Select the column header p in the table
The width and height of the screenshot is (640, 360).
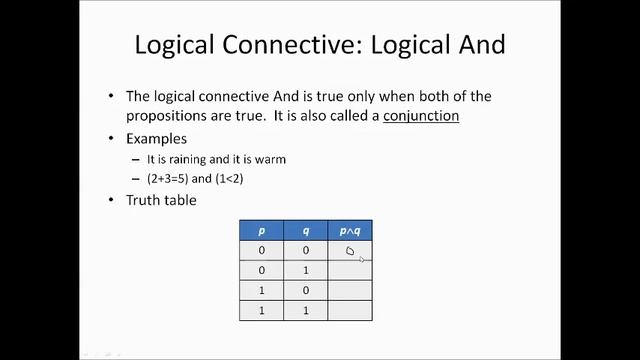click(262, 231)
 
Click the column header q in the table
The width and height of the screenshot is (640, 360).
click(306, 231)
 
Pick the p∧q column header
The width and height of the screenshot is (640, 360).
click(349, 231)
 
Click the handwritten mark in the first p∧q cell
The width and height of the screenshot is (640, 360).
click(350, 251)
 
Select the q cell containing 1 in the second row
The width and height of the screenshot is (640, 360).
click(306, 270)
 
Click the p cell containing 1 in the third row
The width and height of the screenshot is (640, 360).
click(262, 290)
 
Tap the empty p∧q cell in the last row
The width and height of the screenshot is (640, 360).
click(349, 310)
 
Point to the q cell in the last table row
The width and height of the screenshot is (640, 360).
click(306, 310)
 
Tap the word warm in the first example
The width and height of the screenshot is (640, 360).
click(273, 159)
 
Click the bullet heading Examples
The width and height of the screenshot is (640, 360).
click(156, 138)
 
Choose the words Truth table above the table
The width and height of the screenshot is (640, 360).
click(161, 200)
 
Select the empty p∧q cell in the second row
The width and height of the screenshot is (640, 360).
click(349, 270)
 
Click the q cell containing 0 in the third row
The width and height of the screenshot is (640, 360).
click(306, 290)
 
